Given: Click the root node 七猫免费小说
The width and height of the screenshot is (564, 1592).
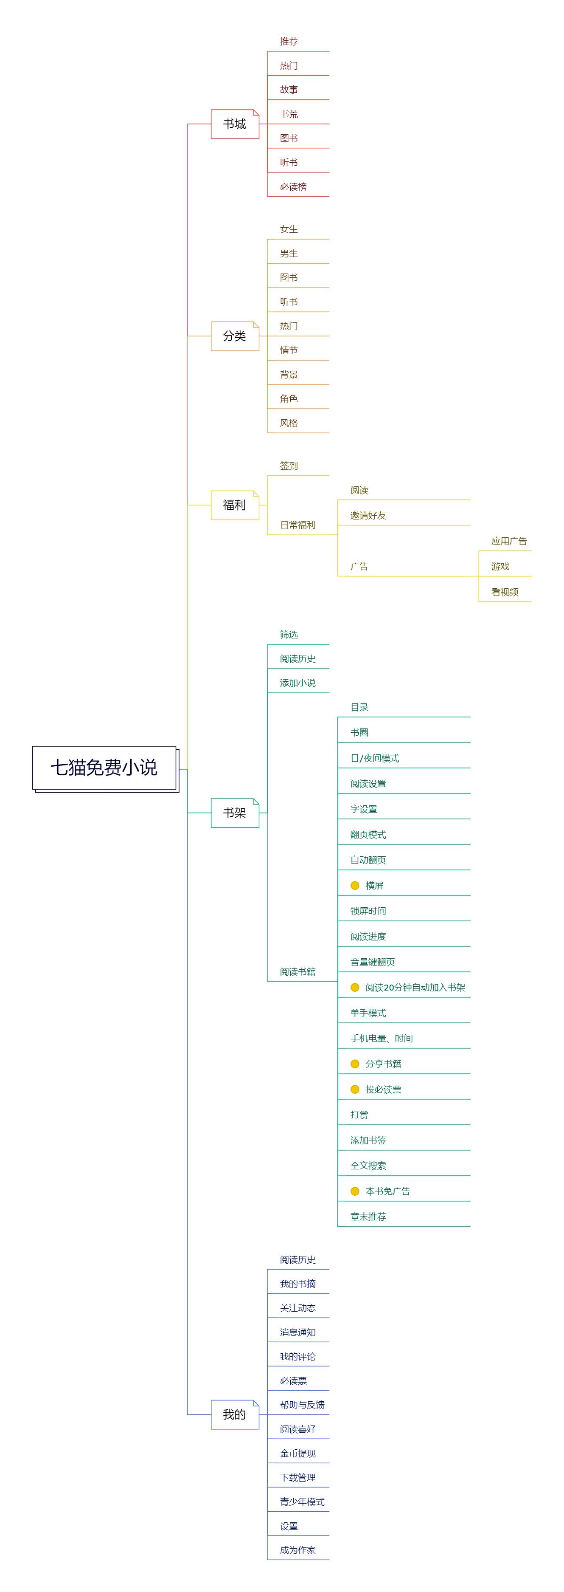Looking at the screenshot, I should point(104,768).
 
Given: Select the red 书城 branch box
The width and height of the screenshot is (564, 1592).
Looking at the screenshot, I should point(235,124).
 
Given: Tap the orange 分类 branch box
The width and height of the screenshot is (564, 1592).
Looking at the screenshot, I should point(235,336).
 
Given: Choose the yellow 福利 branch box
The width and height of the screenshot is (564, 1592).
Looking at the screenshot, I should point(235,505).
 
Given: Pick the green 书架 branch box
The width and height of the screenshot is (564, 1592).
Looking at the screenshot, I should point(235,813).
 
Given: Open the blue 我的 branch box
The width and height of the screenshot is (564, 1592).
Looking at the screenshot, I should point(235,1414).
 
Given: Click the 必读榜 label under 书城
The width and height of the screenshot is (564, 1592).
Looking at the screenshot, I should point(293,186).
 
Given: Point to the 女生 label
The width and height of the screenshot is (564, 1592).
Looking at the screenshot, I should point(289,229).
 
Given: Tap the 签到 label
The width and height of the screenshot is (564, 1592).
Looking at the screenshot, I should point(289,466).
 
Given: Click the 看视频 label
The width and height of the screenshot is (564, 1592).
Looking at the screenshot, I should point(504,592).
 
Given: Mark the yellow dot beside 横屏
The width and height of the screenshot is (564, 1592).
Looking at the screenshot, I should point(355,886).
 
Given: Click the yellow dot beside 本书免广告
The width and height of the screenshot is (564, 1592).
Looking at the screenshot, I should point(355,1191).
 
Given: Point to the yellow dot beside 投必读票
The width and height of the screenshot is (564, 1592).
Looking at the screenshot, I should point(355,1089).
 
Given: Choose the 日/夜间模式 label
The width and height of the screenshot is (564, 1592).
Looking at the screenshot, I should point(374,758).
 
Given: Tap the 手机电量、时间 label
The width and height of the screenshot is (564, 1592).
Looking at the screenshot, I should point(381,1038).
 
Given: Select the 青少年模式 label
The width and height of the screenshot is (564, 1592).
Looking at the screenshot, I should point(302,1502).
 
